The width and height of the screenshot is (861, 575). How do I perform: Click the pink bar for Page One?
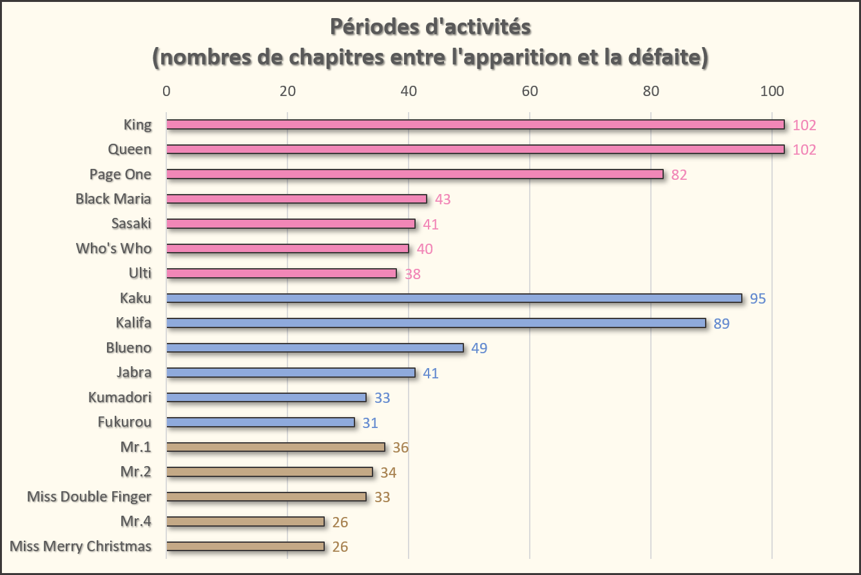click(x=414, y=174)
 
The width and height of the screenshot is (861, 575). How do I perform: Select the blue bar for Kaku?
click(x=454, y=298)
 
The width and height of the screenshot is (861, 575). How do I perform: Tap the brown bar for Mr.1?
click(x=275, y=447)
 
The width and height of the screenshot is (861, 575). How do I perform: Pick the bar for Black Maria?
click(x=296, y=199)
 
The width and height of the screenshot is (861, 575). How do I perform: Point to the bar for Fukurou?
click(x=260, y=422)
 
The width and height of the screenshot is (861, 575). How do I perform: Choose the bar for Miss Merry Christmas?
click(x=245, y=546)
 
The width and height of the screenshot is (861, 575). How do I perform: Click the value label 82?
click(x=679, y=175)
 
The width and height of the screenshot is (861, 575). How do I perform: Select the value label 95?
click(x=758, y=298)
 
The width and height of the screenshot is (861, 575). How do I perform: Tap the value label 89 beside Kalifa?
click(x=721, y=323)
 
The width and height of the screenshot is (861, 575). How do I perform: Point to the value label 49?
click(x=479, y=348)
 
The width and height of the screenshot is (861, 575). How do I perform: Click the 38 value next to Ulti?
click(x=412, y=274)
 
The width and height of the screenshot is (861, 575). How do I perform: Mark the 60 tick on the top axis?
click(x=530, y=92)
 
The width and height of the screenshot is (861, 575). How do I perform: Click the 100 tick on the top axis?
click(x=772, y=92)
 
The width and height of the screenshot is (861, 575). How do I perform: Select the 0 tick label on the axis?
click(x=166, y=92)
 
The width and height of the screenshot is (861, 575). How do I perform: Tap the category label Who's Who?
click(x=113, y=248)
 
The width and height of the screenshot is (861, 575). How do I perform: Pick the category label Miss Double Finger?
click(x=90, y=496)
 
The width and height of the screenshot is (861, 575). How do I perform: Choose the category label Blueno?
click(x=129, y=347)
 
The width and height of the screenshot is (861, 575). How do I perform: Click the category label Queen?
click(x=130, y=149)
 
